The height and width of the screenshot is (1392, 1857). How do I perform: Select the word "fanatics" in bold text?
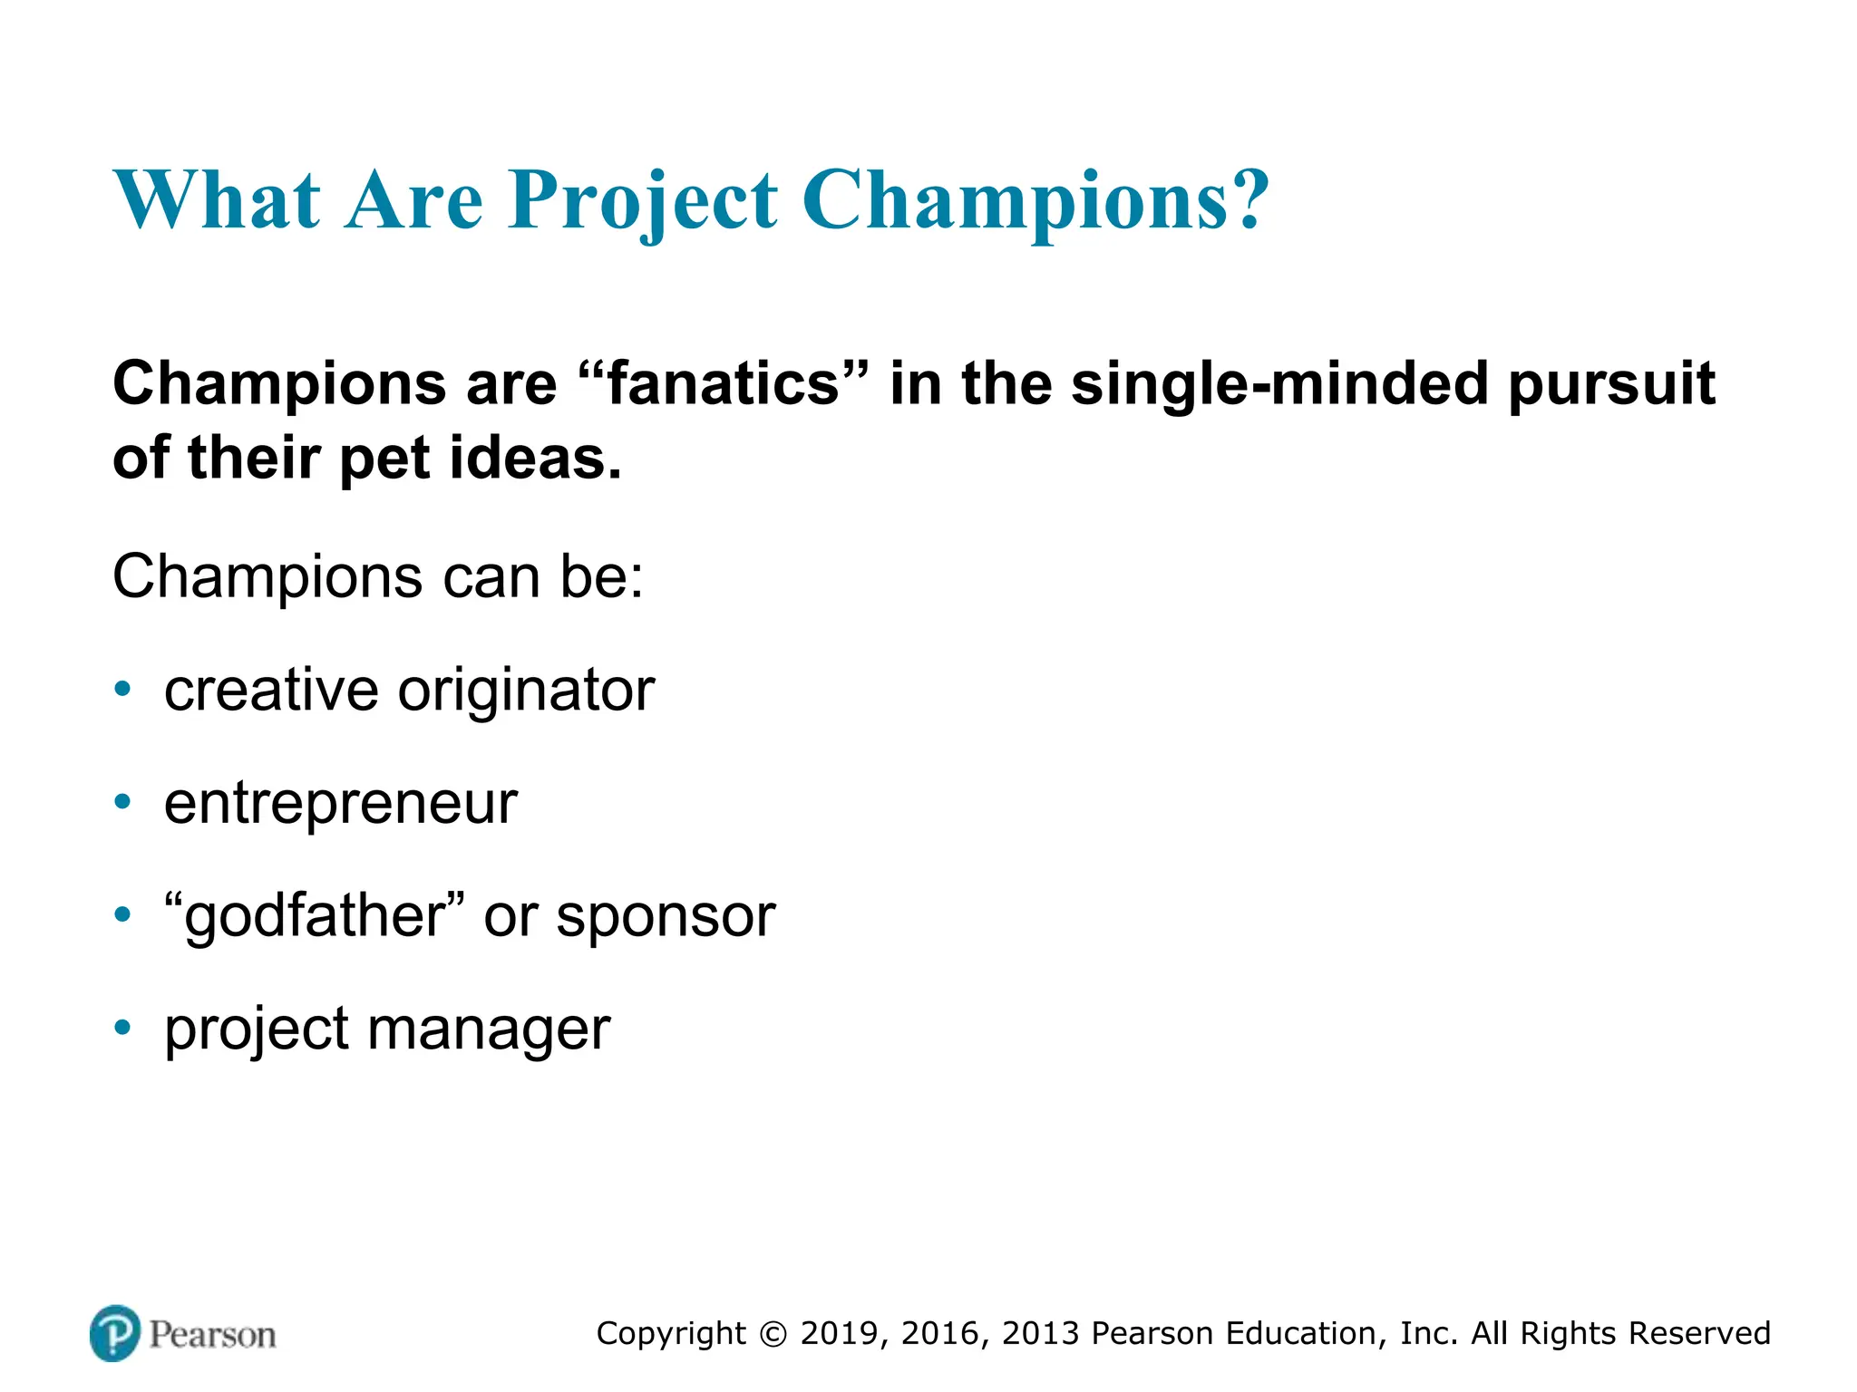pyautogui.click(x=724, y=384)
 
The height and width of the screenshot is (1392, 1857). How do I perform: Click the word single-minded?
pyautogui.click(x=1279, y=384)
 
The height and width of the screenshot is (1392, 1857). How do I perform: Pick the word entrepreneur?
pyautogui.click(x=340, y=804)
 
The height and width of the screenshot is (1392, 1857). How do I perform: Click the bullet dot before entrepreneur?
pyautogui.click(x=123, y=802)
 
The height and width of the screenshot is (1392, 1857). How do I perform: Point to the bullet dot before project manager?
pyautogui.click(x=123, y=1028)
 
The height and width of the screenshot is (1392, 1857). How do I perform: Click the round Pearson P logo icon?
pyautogui.click(x=115, y=1333)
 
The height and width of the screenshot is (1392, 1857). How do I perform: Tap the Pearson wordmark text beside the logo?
pyautogui.click(x=212, y=1335)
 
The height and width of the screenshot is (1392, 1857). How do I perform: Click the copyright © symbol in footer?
pyautogui.click(x=773, y=1334)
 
